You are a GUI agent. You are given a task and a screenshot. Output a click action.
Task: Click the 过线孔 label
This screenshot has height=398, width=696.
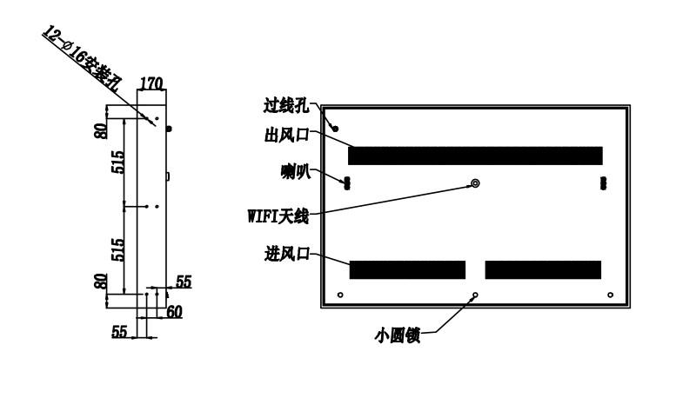point(286,106)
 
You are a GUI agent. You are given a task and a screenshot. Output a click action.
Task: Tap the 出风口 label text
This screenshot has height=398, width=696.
point(286,135)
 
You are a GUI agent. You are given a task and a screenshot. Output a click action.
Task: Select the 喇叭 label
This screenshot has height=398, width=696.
point(296,171)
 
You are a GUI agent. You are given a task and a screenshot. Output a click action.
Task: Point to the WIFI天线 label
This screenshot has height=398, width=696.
point(278,216)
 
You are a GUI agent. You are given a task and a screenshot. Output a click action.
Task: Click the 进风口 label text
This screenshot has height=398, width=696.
point(287,254)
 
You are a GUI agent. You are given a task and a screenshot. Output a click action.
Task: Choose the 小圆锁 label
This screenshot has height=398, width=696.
point(398,335)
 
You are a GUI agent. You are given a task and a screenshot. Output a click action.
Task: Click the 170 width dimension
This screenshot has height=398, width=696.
point(151,83)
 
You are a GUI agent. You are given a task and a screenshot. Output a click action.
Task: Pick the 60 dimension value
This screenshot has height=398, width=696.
point(175,312)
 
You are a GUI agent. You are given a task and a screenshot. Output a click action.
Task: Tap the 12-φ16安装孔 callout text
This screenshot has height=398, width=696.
point(82,59)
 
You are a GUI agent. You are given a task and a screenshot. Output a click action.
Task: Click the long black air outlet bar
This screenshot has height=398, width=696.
point(475,156)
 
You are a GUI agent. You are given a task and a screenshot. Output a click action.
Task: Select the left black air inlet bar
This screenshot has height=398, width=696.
point(407,270)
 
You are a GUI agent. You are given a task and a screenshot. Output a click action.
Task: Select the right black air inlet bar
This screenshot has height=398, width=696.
point(543,270)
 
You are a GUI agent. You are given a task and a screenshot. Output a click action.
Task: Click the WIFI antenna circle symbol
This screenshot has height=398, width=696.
point(475,183)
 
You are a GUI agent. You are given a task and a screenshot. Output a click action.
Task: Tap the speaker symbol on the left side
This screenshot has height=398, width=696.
point(347,183)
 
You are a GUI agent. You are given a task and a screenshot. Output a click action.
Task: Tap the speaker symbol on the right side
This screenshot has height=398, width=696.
point(603,183)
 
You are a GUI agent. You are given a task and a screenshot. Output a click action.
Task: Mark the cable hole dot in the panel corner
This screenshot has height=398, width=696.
point(336,129)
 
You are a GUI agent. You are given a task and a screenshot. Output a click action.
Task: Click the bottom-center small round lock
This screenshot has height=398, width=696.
point(475,295)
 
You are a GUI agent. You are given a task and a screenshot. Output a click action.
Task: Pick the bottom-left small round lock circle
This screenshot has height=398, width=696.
point(340,295)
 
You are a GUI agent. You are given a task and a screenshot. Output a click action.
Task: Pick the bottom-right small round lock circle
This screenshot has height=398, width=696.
point(611,295)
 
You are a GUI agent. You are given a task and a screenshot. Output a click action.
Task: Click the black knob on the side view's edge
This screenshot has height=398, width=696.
point(169,129)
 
